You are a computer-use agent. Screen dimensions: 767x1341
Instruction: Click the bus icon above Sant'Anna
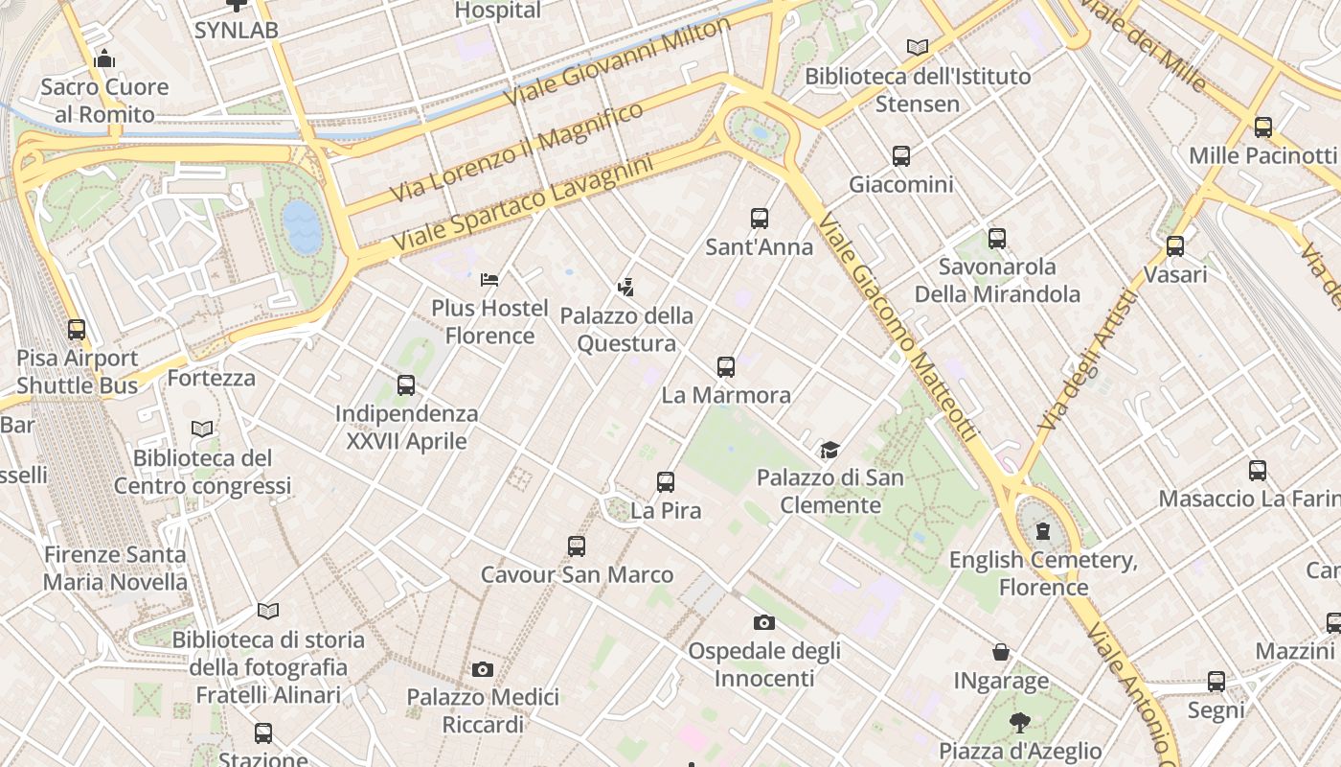pyautogui.click(x=760, y=218)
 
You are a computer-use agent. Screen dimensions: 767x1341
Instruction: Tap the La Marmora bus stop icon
pyautogui.click(x=726, y=366)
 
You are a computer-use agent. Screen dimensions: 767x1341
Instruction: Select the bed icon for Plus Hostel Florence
pyautogui.click(x=489, y=280)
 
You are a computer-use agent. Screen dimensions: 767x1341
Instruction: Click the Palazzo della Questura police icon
pyautogui.click(x=626, y=287)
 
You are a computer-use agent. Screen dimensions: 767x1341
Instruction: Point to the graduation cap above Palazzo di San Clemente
pyautogui.click(x=830, y=450)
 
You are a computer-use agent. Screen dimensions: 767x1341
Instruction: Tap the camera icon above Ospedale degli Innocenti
pyautogui.click(x=763, y=622)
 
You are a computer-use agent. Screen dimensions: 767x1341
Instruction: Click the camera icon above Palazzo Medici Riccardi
pyautogui.click(x=483, y=669)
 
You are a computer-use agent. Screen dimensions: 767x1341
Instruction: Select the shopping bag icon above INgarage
pyautogui.click(x=1001, y=653)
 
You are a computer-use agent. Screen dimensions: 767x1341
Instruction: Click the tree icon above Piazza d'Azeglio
pyautogui.click(x=1019, y=722)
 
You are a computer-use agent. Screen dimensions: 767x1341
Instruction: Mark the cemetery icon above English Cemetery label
pyautogui.click(x=1043, y=530)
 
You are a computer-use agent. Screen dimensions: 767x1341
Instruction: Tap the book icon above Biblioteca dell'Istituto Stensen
pyautogui.click(x=918, y=47)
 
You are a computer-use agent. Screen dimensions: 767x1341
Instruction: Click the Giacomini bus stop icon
pyautogui.click(x=900, y=155)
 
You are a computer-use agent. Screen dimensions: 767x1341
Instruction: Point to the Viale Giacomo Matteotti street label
pyautogui.click(x=897, y=327)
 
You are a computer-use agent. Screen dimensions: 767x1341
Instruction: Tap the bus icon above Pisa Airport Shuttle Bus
pyautogui.click(x=77, y=330)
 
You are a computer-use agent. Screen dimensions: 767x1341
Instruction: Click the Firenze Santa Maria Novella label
pyautogui.click(x=115, y=568)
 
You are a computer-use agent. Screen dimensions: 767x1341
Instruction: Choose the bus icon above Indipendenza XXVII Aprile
pyautogui.click(x=406, y=385)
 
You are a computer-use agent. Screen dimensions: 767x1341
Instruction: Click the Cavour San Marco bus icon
pyautogui.click(x=576, y=546)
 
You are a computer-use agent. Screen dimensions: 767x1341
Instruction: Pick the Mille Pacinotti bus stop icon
pyautogui.click(x=1262, y=127)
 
